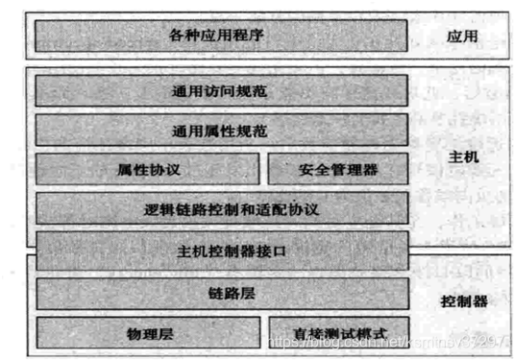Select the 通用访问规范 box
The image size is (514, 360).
(x=222, y=93)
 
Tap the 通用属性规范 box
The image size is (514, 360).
(x=222, y=131)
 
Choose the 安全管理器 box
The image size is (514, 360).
(x=336, y=169)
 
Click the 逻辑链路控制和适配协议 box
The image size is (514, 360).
(x=222, y=208)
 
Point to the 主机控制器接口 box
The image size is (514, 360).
(x=222, y=252)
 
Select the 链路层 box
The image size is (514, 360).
(x=222, y=292)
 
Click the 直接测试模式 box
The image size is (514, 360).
(x=336, y=331)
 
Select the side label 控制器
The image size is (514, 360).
(x=464, y=301)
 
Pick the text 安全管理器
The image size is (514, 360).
(x=337, y=170)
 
